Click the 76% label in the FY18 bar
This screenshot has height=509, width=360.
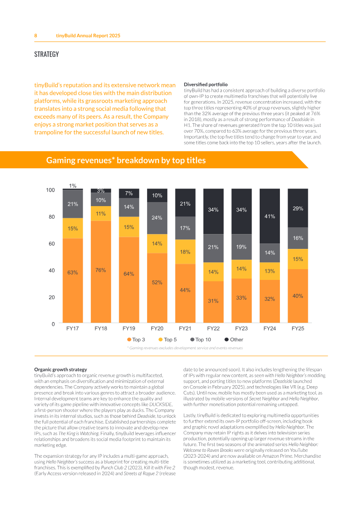pyautogui.click(x=101, y=270)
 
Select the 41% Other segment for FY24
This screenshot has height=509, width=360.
pyautogui.click(x=270, y=216)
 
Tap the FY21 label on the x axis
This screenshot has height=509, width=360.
pyautogui.click(x=185, y=329)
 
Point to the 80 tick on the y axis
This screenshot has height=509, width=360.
pyautogui.click(x=52, y=217)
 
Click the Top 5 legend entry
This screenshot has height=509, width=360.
pyautogui.click(x=167, y=339)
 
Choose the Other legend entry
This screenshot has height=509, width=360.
pyautogui.click(x=234, y=339)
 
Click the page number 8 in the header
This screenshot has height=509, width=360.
pyautogui.click(x=36, y=36)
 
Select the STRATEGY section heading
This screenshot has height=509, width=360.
pyautogui.click(x=47, y=54)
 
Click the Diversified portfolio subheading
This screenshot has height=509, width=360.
pyautogui.click(x=206, y=85)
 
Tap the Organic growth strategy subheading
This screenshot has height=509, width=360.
pyautogui.click(x=61, y=369)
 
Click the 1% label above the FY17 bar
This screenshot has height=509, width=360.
pyautogui.click(x=73, y=186)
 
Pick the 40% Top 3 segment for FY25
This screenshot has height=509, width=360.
pyautogui.click(x=298, y=296)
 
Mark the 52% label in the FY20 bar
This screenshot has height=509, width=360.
pyautogui.click(x=157, y=283)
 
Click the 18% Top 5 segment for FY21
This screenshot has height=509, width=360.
pyautogui.click(x=185, y=252)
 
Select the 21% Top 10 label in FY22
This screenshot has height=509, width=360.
pyautogui.click(x=213, y=247)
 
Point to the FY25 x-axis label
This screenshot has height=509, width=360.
pyautogui.click(x=298, y=329)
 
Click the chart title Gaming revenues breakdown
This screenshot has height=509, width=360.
pyautogui.click(x=126, y=160)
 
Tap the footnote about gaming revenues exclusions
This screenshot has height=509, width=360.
pyautogui.click(x=185, y=348)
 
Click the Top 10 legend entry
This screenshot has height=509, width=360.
pyautogui.click(x=201, y=339)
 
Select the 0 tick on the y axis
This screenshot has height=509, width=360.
pyautogui.click(x=53, y=324)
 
